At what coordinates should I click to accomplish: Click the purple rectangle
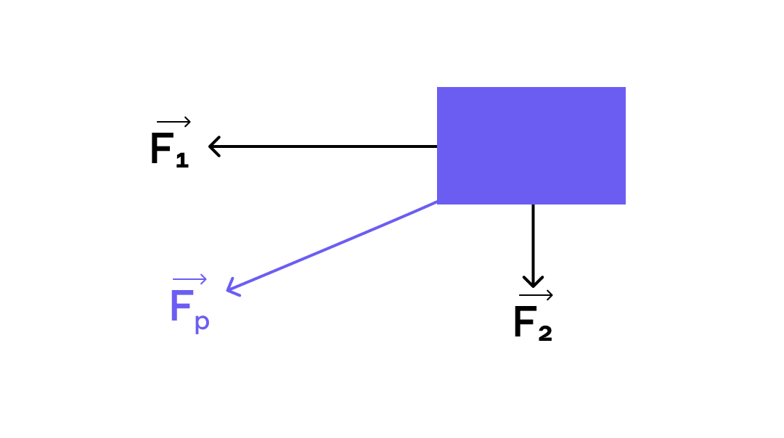pyautogui.click(x=531, y=145)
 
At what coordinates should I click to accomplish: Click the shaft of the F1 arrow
pyautogui.click(x=323, y=146)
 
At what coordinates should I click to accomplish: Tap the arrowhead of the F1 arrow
pyautogui.click(x=214, y=146)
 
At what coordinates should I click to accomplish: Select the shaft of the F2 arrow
pyautogui.click(x=533, y=245)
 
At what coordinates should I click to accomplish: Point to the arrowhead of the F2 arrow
pyautogui.click(x=533, y=281)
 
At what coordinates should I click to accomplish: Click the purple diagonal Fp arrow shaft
pyautogui.click(x=332, y=246)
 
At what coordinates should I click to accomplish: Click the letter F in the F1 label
pyautogui.click(x=162, y=149)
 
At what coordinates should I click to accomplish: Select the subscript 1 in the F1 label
pyautogui.click(x=182, y=160)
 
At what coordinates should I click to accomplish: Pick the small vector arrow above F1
pyautogui.click(x=173, y=121)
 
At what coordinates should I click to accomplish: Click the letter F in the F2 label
pyautogui.click(x=525, y=322)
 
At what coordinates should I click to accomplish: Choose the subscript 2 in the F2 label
pyautogui.click(x=545, y=334)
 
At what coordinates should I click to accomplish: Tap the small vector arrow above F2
pyautogui.click(x=536, y=295)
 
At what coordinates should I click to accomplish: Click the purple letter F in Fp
pyautogui.click(x=181, y=306)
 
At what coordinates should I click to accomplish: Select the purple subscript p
pyautogui.click(x=202, y=322)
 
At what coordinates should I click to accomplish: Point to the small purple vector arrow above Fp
pyautogui.click(x=189, y=279)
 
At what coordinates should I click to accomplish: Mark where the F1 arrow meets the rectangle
pyautogui.click(x=437, y=146)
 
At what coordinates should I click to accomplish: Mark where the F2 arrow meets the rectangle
pyautogui.click(x=533, y=204)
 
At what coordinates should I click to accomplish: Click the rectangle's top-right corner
pyautogui.click(x=626, y=88)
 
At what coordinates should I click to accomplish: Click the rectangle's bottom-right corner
pyautogui.click(x=626, y=204)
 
